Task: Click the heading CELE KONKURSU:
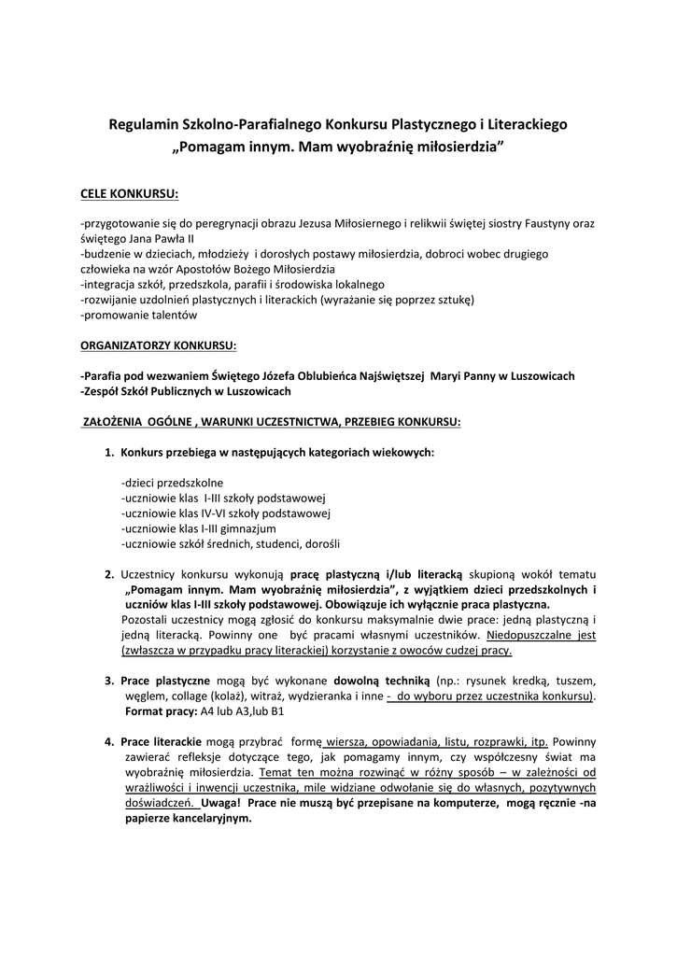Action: (x=129, y=194)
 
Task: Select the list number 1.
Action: (x=108, y=453)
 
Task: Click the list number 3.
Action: (x=108, y=680)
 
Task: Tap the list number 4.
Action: (x=108, y=741)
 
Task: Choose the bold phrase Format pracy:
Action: (x=162, y=711)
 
